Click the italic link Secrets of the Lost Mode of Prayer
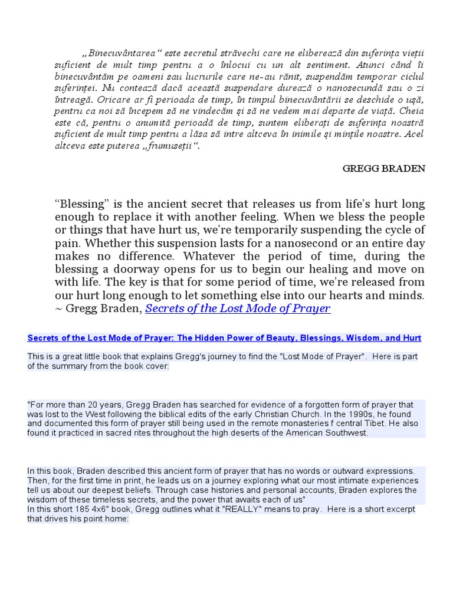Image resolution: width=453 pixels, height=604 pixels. click(x=238, y=308)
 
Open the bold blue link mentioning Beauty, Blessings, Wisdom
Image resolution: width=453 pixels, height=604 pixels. click(x=224, y=338)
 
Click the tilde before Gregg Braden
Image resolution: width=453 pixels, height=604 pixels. click(x=58, y=308)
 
